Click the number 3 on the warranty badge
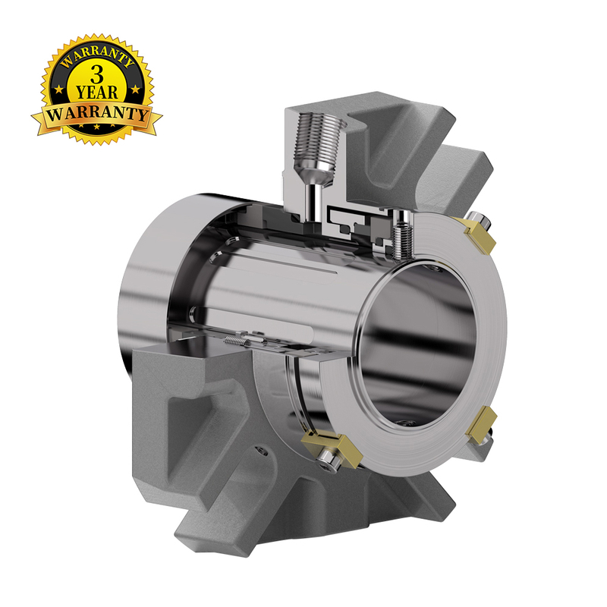97,74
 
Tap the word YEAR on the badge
97,92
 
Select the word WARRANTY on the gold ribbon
97,113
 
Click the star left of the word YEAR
59,90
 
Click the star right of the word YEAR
135,90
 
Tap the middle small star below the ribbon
97,127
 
